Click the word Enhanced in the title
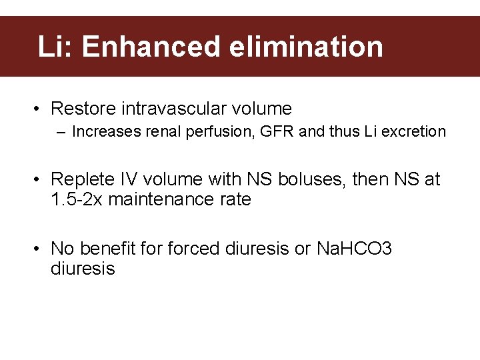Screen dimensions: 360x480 coord(151,47)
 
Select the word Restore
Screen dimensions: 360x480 coord(81,109)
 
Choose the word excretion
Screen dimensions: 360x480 coord(413,132)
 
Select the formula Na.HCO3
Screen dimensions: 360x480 coord(354,249)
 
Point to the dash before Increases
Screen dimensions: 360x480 coord(61,132)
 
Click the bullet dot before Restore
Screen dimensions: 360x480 coord(41,109)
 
